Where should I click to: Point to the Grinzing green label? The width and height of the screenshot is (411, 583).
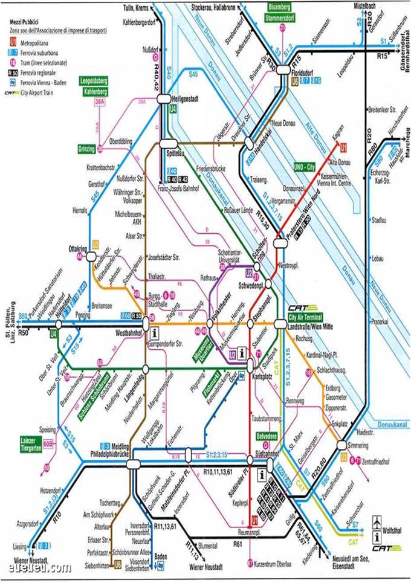click(88, 147)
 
